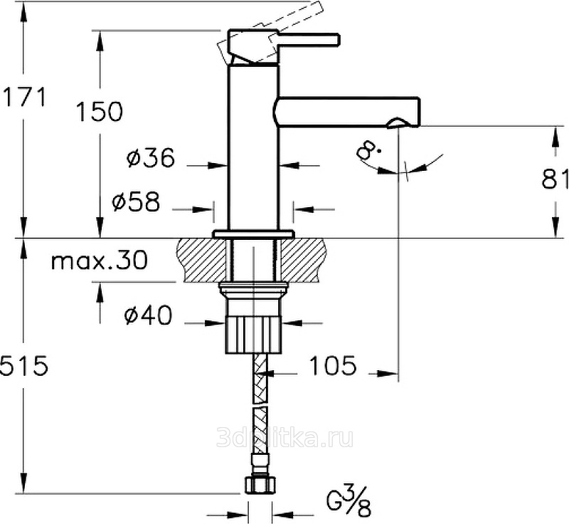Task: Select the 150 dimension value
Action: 100,111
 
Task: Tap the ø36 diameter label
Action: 151,157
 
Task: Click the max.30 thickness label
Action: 99,261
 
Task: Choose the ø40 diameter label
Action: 148,315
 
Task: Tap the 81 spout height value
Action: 555,179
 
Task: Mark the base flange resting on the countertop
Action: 253,234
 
